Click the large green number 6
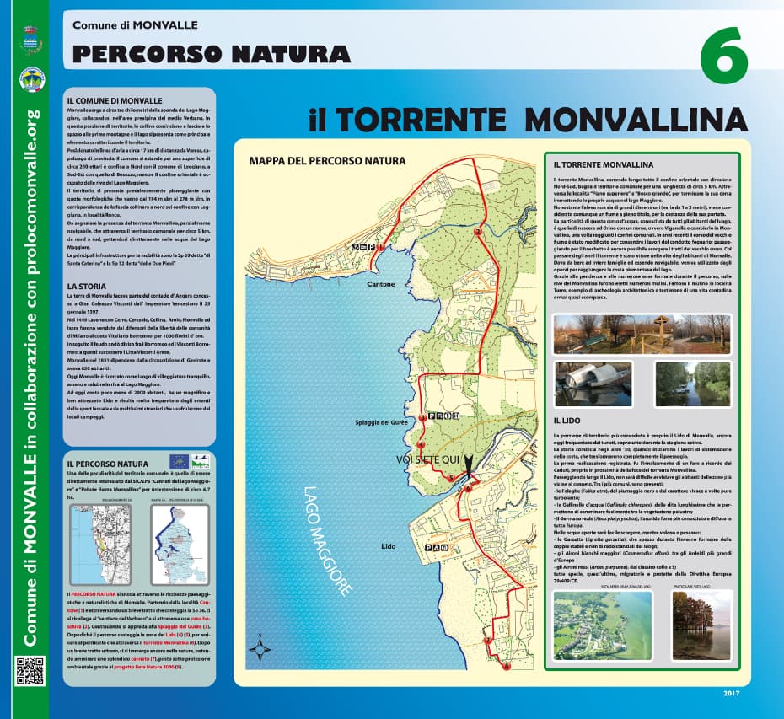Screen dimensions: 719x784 [x=723, y=55]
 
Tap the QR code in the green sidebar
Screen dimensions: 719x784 [x=30, y=671]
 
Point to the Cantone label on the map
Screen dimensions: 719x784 [x=381, y=284]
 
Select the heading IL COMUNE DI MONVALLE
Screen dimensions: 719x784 [x=114, y=100]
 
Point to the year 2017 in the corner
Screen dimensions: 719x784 [x=730, y=694]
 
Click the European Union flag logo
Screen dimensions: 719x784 [x=178, y=461]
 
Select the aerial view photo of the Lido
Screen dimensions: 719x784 [x=603, y=624]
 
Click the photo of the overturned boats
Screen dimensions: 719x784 [x=593, y=384]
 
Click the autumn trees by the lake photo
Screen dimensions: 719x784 [x=701, y=625]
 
